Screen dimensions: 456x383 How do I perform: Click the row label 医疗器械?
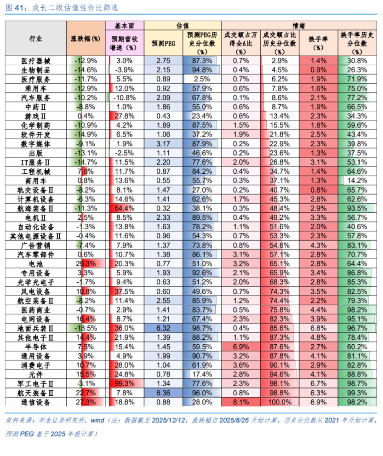tap(36, 61)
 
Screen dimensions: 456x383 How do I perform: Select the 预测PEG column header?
tap(163, 43)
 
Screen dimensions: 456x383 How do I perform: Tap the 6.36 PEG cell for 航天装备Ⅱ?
tap(163, 393)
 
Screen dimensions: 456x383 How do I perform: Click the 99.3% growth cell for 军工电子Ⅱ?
tap(124, 384)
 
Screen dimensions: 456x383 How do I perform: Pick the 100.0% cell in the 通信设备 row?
tap(280, 402)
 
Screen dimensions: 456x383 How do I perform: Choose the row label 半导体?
tap(36, 347)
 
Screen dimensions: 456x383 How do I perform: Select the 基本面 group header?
tap(124, 25)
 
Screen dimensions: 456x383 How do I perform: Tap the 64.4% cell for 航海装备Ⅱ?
tap(124, 208)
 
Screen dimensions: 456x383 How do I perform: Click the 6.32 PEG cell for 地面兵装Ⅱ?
tap(163, 328)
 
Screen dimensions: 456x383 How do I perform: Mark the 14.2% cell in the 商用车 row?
tap(357, 181)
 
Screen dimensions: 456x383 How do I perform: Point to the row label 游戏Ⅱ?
tap(36, 116)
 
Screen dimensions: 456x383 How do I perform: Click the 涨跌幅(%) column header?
tap(86, 39)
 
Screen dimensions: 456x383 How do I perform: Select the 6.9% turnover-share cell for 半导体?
tap(241, 347)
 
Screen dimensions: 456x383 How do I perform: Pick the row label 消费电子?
tap(36, 365)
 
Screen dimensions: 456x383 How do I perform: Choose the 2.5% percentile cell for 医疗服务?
tap(202, 79)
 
